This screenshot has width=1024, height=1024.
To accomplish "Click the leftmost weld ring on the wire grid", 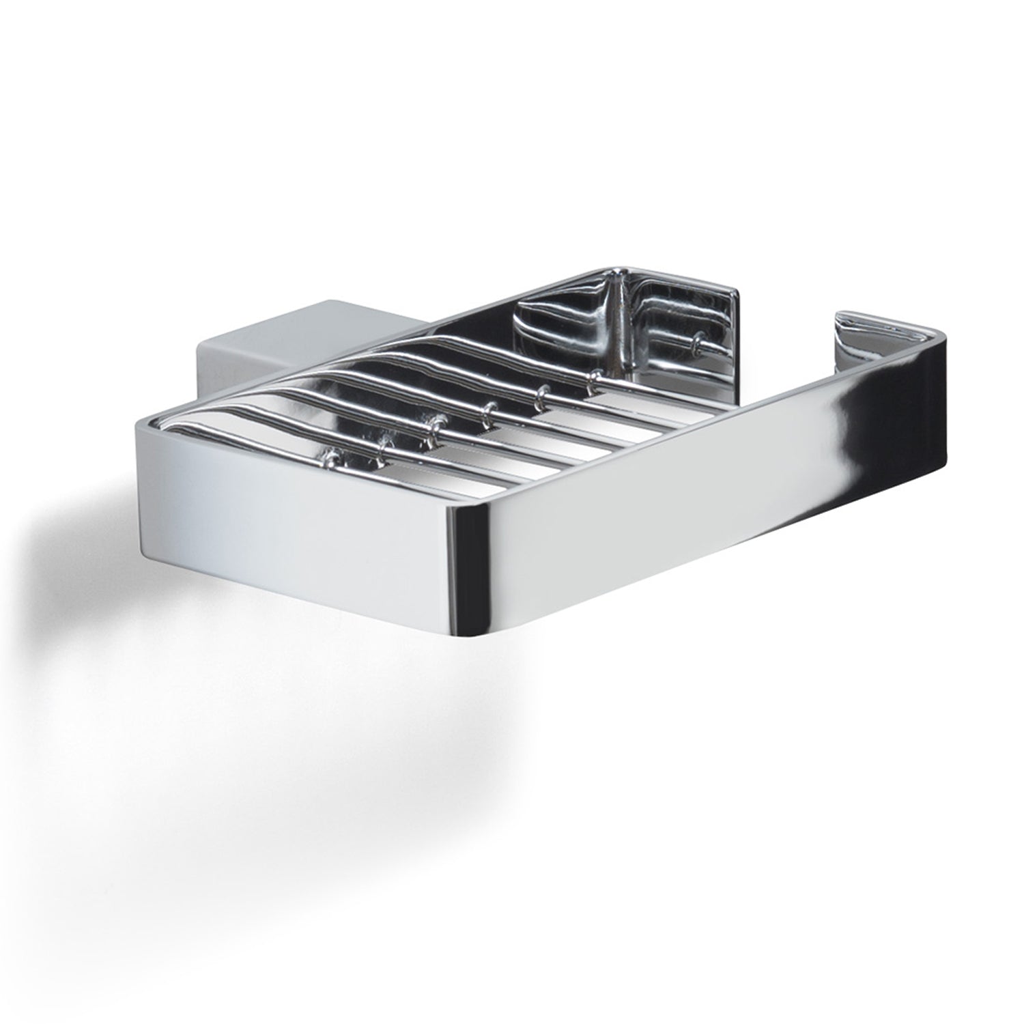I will [332, 452].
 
